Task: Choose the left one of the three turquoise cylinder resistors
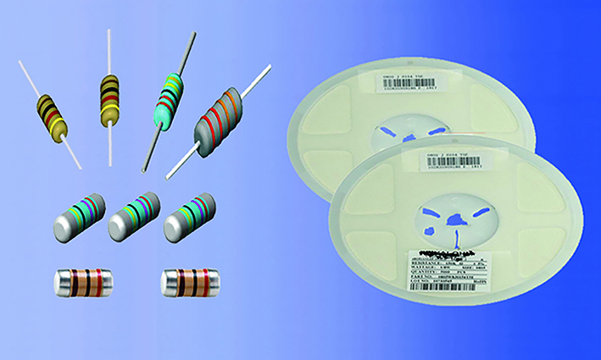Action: coord(81,216)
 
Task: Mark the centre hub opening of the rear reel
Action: coord(405,131)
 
